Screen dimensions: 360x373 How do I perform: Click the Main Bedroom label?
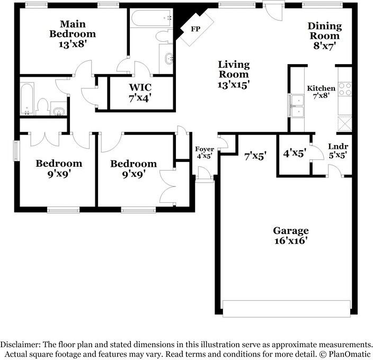point(73,34)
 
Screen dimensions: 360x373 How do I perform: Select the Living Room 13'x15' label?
point(234,74)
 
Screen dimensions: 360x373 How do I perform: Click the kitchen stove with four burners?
point(345,88)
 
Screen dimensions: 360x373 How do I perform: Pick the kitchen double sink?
point(297,105)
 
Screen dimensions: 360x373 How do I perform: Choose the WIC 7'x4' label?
point(141,93)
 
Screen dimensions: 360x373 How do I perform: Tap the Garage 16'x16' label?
point(290,235)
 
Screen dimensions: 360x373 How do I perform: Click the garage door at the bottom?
point(286,308)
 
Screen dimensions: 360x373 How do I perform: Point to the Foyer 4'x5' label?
point(205,153)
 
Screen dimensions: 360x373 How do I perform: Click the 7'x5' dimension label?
point(255,156)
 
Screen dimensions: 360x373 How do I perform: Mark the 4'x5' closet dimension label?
point(295,154)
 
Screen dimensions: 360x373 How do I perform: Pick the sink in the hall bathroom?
point(59,111)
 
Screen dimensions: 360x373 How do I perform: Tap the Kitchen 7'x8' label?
point(322,93)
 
